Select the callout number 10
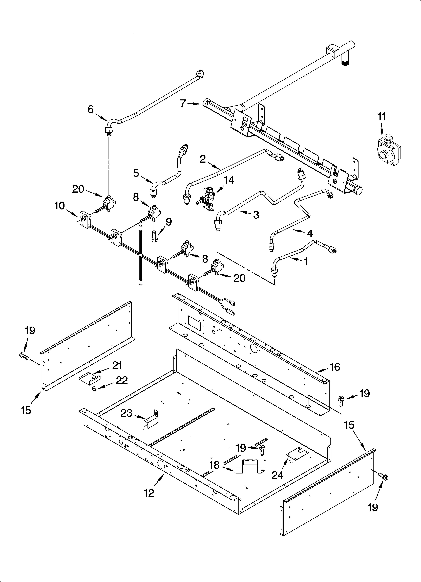(x=59, y=206)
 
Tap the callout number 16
(x=335, y=367)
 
